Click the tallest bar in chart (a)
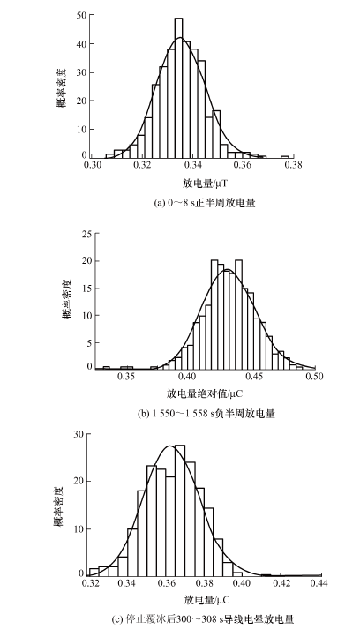(x=179, y=87)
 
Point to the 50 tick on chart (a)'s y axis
(x=82, y=15)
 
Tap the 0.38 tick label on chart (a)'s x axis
(x=294, y=165)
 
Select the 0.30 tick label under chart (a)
(x=93, y=165)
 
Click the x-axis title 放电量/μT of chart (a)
(x=202, y=184)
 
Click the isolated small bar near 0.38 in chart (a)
(x=285, y=157)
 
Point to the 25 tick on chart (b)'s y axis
(x=87, y=234)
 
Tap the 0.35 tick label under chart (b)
(x=127, y=377)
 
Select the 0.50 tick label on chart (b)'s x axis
(x=315, y=377)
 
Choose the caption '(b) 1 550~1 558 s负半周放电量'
(x=206, y=415)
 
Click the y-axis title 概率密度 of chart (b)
(x=67, y=298)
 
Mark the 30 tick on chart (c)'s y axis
(x=79, y=434)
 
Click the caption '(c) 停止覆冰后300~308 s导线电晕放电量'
(x=203, y=620)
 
